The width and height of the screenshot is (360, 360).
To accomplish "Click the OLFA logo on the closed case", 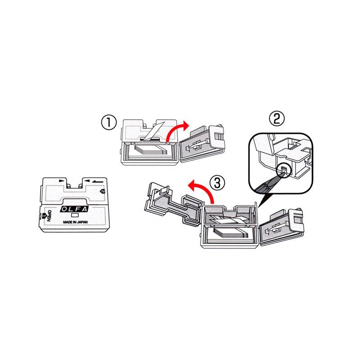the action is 74,209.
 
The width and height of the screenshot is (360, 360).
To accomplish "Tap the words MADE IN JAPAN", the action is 75,222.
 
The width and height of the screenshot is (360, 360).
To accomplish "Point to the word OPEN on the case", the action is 49,216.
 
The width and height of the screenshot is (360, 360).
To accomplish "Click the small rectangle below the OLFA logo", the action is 75,216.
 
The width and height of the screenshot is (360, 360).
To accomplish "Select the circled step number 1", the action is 109,122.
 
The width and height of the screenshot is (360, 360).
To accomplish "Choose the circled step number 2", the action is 277,118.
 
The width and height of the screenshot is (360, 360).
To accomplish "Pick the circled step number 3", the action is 217,183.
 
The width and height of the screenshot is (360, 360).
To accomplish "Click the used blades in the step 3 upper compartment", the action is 231,220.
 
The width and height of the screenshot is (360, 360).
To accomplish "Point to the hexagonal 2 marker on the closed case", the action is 103,191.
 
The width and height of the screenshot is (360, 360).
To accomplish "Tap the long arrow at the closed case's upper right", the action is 98,181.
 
